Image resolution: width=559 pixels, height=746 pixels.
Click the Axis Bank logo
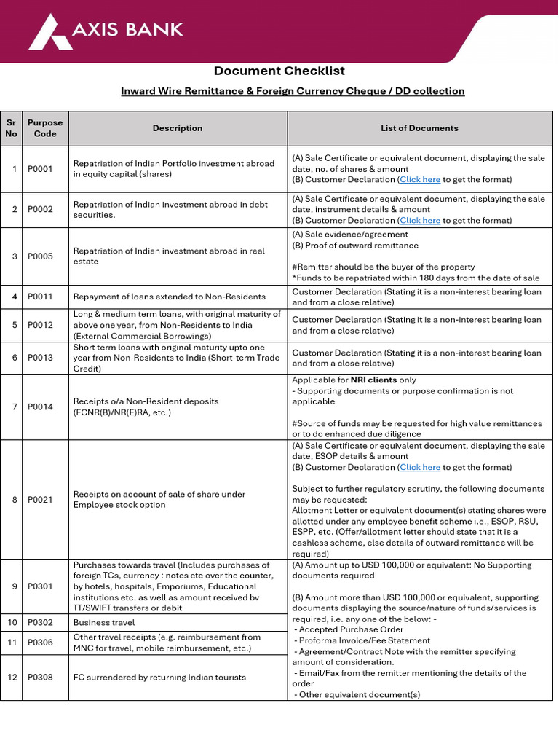click(106, 31)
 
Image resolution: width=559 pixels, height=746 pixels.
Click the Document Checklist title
click(279, 71)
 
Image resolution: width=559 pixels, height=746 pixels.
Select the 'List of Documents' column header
click(419, 128)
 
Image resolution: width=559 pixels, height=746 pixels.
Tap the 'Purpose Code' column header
click(45, 128)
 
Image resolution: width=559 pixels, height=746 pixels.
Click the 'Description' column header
click(178, 128)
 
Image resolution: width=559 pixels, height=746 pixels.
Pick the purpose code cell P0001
click(41, 169)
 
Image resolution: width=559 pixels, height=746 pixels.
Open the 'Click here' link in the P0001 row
click(420, 179)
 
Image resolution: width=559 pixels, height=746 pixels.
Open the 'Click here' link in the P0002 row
click(420, 220)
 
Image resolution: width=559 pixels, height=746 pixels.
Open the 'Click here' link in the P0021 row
click(420, 467)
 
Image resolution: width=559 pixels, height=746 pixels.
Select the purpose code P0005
click(41, 256)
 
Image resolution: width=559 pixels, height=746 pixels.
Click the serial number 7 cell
click(12, 407)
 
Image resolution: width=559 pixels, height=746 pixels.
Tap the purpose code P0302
click(41, 622)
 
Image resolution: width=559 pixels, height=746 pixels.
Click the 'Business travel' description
click(104, 622)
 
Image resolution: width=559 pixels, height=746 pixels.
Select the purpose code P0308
click(41, 678)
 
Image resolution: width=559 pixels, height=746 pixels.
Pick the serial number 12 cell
click(12, 678)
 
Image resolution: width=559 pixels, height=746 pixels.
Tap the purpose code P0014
click(41, 407)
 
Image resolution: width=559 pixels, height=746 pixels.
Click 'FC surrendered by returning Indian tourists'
click(159, 678)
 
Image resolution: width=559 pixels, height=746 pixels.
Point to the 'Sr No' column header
click(12, 128)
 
